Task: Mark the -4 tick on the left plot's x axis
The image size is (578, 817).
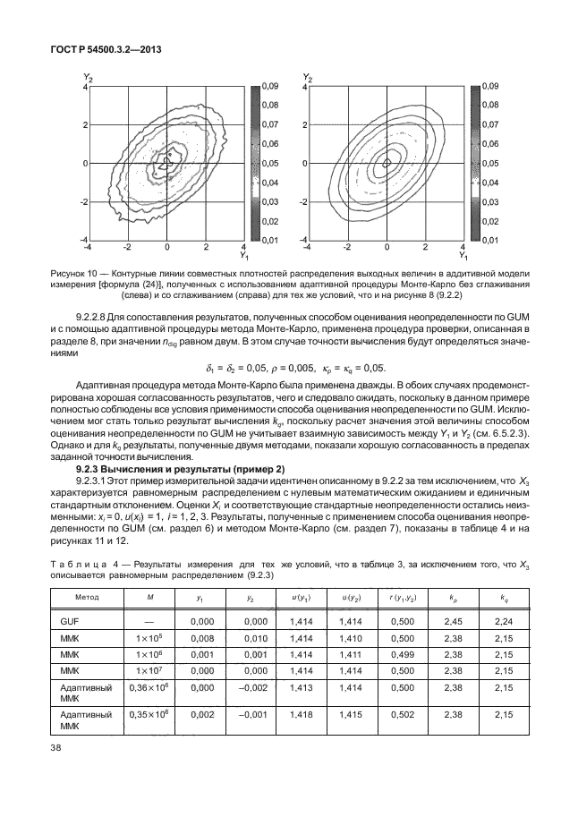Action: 88,247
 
